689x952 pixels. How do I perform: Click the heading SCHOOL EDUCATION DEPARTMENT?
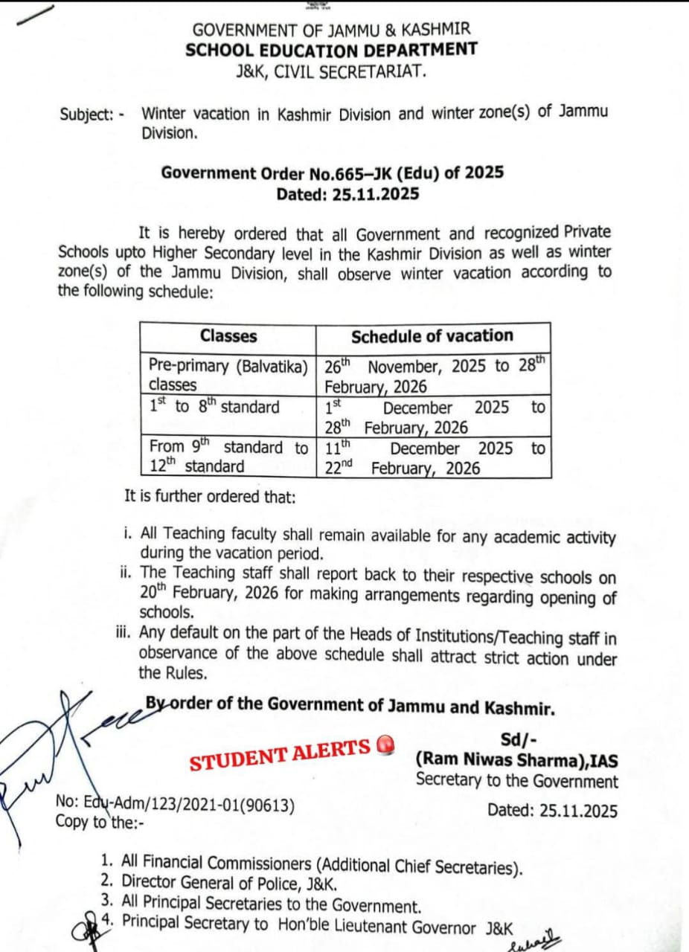pos(331,50)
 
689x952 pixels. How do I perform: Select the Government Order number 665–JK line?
pos(332,173)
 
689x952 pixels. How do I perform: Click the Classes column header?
pos(228,336)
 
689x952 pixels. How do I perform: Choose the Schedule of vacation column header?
pos(432,336)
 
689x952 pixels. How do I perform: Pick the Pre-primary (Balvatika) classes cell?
pos(228,375)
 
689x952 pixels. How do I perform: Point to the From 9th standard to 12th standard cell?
pos(228,457)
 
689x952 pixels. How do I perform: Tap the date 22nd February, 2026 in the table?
pos(402,469)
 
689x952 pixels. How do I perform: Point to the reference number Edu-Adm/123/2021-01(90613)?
pos(176,805)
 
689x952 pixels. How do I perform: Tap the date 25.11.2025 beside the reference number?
pos(552,811)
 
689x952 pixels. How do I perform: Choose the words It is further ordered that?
pos(210,496)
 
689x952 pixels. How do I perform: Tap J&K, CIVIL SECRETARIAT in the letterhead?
pos(331,71)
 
